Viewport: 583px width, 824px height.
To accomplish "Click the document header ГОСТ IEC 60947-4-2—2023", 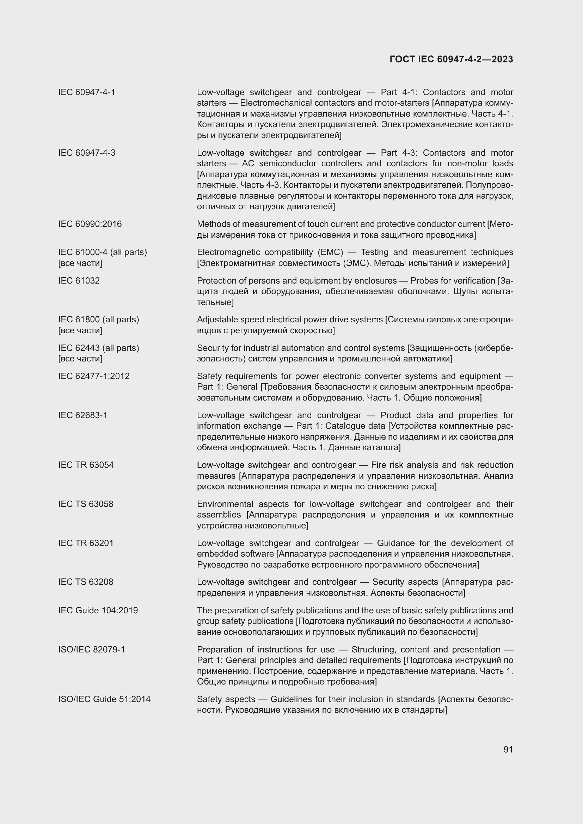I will [x=451, y=59].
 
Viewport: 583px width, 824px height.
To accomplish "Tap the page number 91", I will [x=508, y=749].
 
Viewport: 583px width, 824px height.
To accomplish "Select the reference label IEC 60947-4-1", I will [x=86, y=92].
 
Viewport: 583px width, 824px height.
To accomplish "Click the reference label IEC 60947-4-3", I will [x=86, y=153].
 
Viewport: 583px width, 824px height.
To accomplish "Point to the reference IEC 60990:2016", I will [x=90, y=224].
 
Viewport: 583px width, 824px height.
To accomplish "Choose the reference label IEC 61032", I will [x=79, y=281].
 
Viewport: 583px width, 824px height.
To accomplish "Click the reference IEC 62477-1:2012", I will [x=94, y=376].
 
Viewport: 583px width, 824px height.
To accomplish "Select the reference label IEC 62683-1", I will [x=82, y=415].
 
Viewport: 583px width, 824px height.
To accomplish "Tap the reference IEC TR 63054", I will [x=86, y=465].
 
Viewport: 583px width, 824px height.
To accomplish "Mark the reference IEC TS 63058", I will [x=85, y=504].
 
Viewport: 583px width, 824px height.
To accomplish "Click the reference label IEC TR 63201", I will [x=86, y=543].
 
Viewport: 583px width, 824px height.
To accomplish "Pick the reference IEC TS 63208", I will [x=85, y=582].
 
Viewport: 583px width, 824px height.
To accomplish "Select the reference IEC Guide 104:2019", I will [x=98, y=611].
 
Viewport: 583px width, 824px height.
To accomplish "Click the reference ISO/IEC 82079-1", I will [x=92, y=650].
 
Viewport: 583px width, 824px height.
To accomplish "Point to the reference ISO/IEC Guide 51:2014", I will [x=104, y=699].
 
